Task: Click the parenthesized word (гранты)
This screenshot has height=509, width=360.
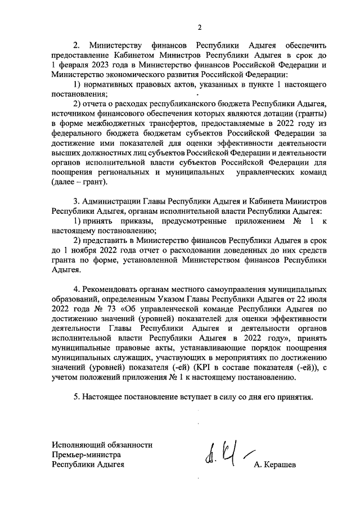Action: [x=312, y=113]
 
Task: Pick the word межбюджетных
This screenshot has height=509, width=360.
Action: [x=109, y=123]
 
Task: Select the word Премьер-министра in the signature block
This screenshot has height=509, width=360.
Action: [x=86, y=454]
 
